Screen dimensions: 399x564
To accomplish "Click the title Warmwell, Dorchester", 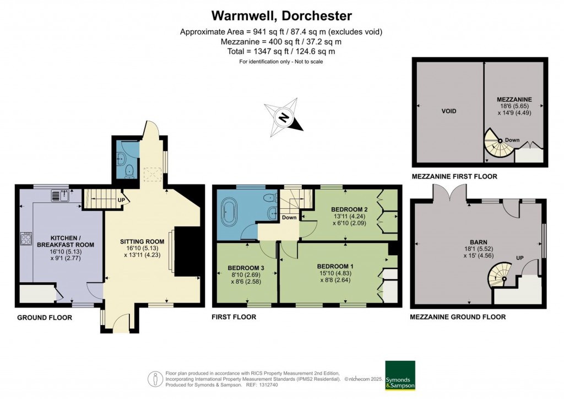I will pos(281,15).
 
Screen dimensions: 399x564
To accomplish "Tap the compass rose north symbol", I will pos(284,117).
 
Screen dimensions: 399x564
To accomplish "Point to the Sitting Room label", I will pos(143,241).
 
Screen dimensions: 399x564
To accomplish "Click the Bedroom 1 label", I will pos(335,266).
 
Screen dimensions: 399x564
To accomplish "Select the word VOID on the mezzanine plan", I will pos(448,111).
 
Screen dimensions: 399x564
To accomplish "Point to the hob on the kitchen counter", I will pos(25,239).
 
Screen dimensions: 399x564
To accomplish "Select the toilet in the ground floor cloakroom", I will pos(129,171).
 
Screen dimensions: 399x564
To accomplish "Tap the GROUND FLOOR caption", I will pos(44,318).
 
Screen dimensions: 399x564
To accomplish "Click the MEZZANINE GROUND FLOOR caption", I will pos(458,317).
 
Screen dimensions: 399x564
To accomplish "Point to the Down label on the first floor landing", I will pos(289,217).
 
